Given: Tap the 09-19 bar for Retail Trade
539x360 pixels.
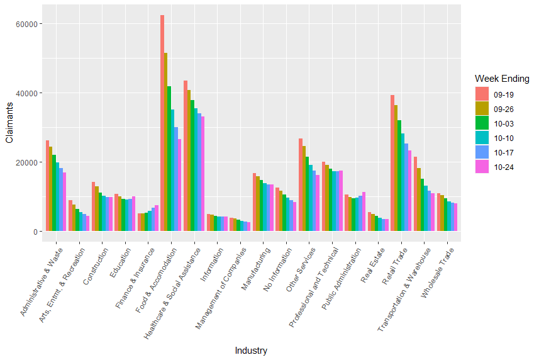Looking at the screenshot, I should [392, 163].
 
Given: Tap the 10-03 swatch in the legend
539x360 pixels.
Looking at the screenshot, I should [481, 123].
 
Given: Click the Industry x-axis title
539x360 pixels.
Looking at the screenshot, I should [251, 351].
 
